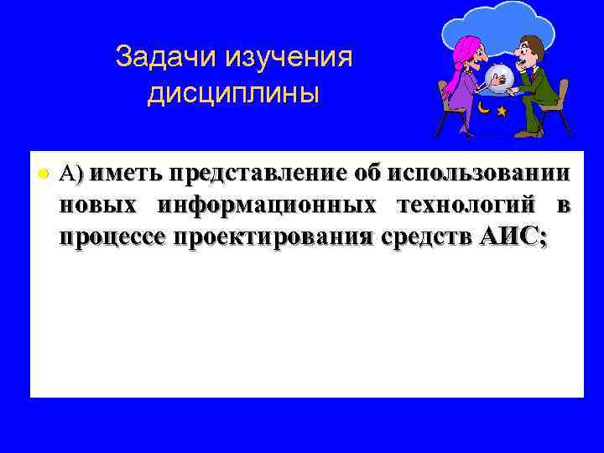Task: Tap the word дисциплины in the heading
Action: coord(233,93)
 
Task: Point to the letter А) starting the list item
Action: coord(71,174)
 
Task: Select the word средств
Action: coord(427,237)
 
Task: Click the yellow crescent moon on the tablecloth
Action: coord(485,108)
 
